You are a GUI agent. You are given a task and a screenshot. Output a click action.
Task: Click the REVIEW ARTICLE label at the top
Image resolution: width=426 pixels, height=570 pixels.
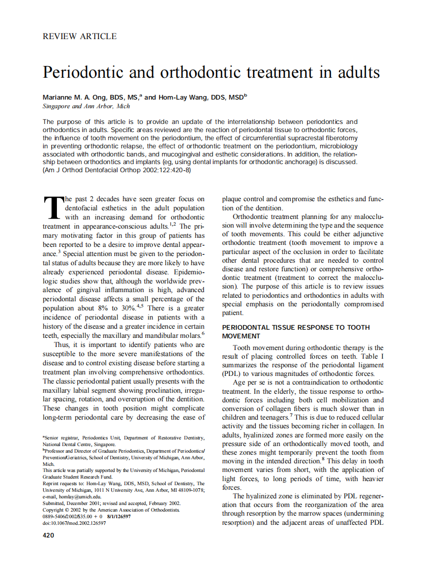pyautogui.click(x=80, y=37)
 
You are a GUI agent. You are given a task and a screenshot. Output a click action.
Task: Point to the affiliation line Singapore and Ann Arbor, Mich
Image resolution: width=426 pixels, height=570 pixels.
pyautogui.click(x=86, y=106)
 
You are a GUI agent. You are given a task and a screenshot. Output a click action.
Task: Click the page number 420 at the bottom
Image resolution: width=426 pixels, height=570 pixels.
pyautogui.click(x=48, y=535)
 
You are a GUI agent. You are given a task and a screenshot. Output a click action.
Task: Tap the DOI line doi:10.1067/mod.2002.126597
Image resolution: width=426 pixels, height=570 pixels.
pyautogui.click(x=74, y=523)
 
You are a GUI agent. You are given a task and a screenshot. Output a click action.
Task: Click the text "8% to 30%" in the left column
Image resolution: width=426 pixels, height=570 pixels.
pyautogui.click(x=113, y=308)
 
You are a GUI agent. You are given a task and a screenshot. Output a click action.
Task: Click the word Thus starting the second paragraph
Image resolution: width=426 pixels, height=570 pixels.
pyautogui.click(x=62, y=345)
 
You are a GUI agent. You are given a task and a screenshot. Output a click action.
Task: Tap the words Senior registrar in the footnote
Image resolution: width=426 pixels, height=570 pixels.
pyautogui.click(x=62, y=437)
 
